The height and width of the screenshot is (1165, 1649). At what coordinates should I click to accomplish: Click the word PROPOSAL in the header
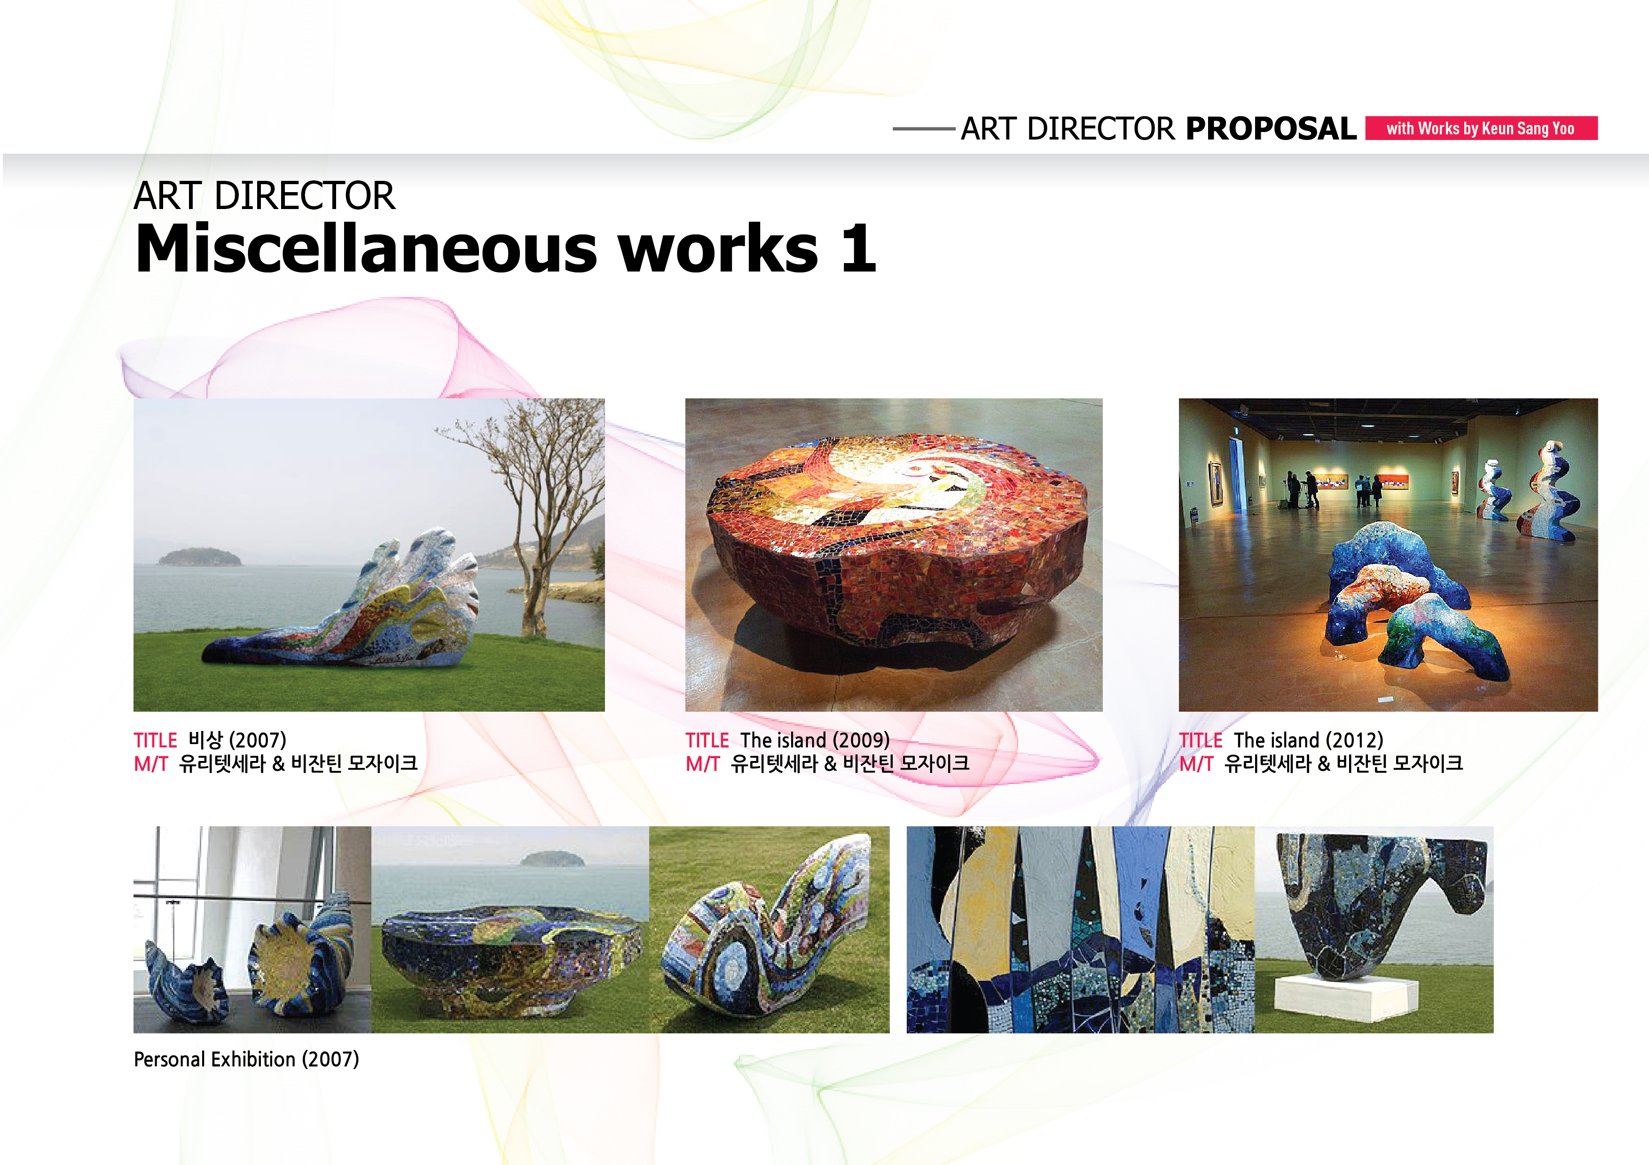(x=1271, y=129)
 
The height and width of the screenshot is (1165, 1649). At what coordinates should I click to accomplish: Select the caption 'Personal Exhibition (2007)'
(x=246, y=1059)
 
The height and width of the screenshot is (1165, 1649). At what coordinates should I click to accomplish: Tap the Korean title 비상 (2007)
(x=237, y=740)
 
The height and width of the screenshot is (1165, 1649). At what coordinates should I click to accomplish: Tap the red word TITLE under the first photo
(x=155, y=740)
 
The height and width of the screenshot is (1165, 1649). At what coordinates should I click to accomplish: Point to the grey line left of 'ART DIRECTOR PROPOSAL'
(x=924, y=129)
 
